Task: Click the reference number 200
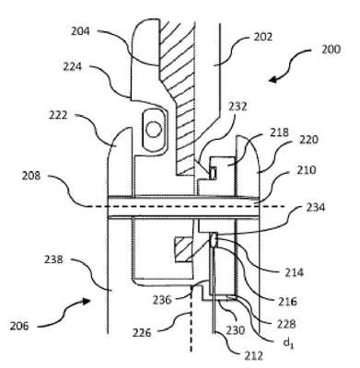331,50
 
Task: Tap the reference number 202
263,37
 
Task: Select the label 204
80,31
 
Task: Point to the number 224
73,66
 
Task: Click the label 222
58,115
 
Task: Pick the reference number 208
31,176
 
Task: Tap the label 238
53,259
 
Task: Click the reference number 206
19,326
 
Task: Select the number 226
142,332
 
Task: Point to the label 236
162,300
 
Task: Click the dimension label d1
288,342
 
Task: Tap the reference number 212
254,356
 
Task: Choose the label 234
316,207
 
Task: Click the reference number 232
238,107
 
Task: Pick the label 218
279,132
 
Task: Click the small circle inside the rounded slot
154,130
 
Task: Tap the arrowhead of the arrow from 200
272,80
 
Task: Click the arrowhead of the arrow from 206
87,301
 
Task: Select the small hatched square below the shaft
183,249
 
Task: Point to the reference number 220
309,140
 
